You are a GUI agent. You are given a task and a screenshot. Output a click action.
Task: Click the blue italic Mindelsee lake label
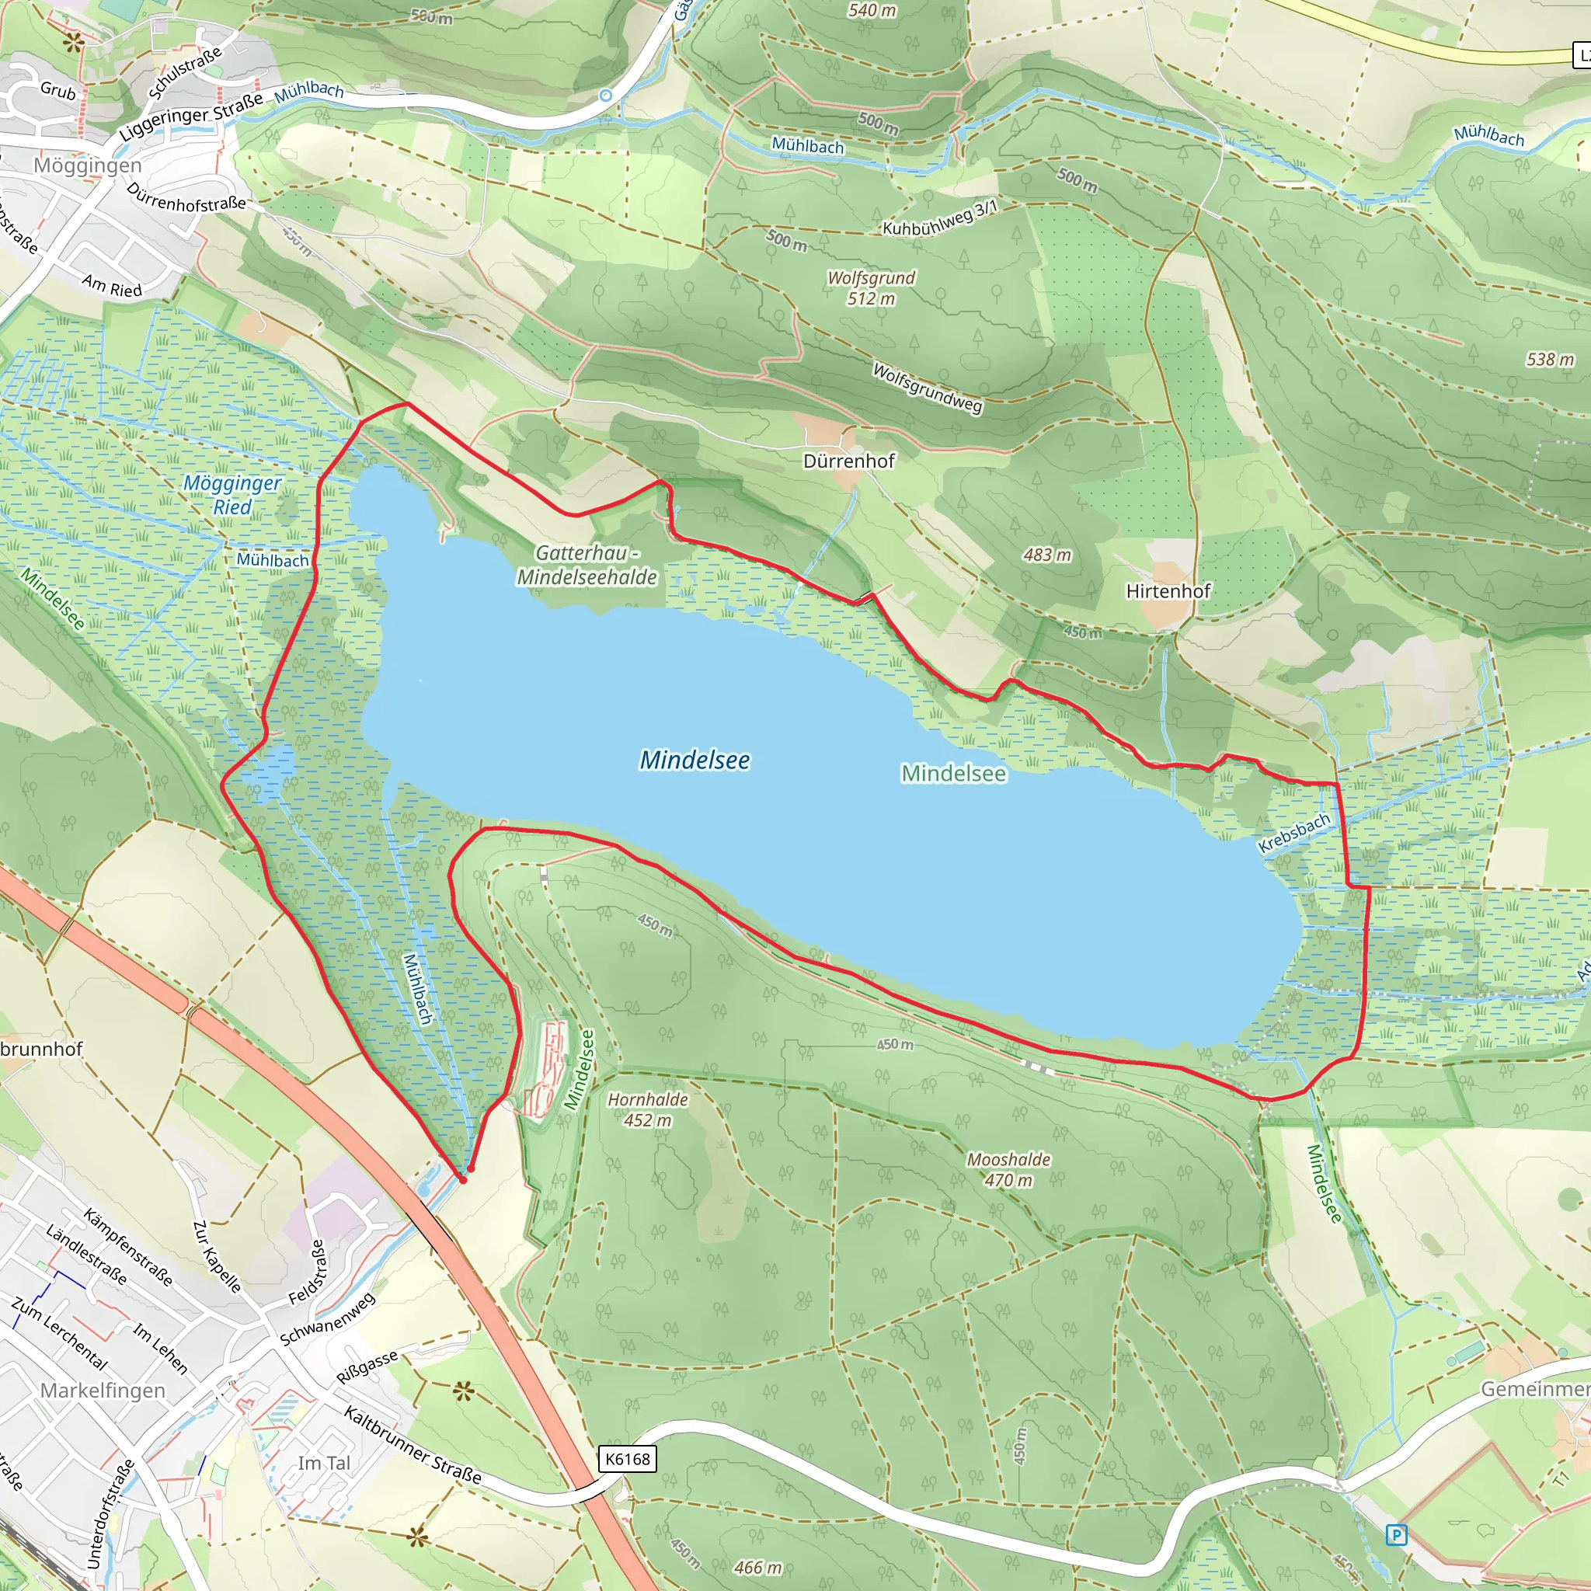coord(695,760)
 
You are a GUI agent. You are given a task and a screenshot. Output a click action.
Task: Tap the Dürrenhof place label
coord(848,461)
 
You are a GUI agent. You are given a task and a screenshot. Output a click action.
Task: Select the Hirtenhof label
coord(1168,591)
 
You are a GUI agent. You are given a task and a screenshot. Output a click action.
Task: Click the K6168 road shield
coord(627,1459)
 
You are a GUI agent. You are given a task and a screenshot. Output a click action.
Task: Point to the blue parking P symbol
coord(1396,1535)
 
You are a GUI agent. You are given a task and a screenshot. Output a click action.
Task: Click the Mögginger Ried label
coord(232,495)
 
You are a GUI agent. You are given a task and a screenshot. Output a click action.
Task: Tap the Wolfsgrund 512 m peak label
coord(872,288)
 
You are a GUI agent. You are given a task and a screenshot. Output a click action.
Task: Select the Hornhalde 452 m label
coord(647,1109)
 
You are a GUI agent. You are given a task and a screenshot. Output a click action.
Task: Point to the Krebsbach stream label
coord(1293,833)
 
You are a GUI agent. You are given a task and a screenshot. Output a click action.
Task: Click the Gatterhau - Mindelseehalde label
coord(587,565)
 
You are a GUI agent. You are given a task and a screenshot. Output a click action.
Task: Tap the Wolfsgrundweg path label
coord(928,387)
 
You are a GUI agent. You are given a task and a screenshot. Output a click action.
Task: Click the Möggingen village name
coord(87,165)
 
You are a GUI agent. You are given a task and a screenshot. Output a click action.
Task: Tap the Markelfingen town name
coord(103,1390)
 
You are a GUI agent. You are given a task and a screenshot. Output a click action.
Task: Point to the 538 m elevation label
coord(1550,359)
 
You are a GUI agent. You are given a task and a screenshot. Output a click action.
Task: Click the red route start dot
coord(463,1180)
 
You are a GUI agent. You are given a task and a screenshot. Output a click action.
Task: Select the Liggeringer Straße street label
coord(190,116)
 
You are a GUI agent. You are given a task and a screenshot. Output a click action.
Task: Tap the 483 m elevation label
coord(1046,555)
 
